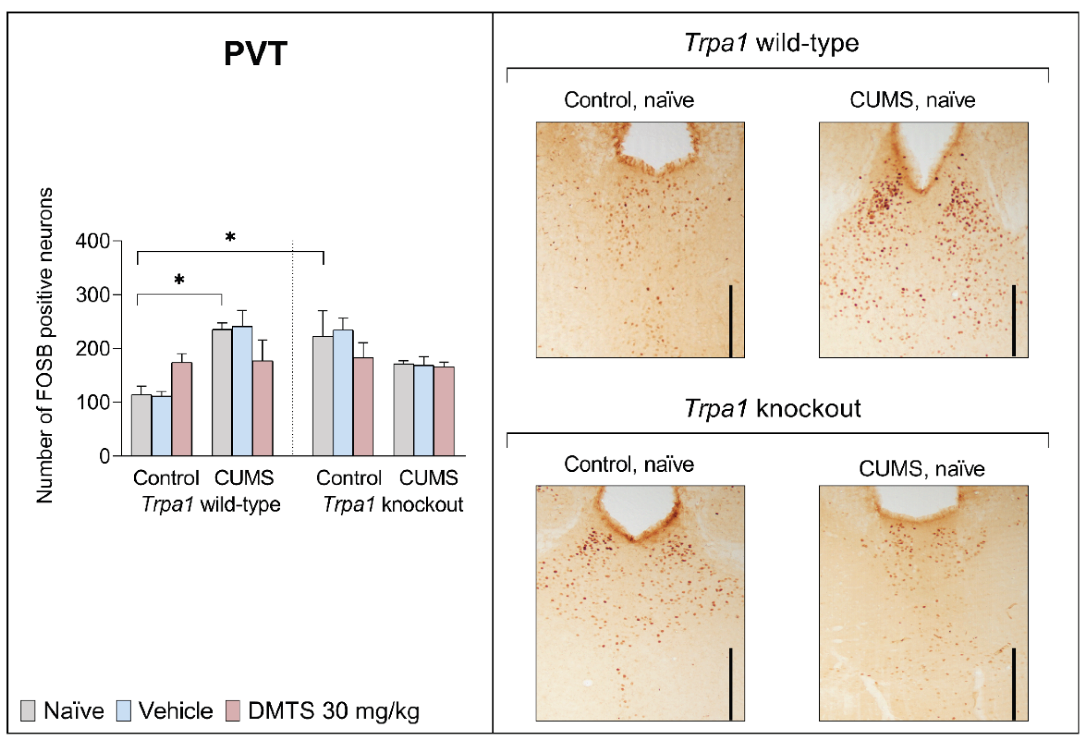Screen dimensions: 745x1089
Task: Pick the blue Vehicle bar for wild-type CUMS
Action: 242,391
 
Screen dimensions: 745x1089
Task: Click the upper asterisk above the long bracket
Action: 230,237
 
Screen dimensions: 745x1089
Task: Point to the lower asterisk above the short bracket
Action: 179,280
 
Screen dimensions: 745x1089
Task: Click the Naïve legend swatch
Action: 28,710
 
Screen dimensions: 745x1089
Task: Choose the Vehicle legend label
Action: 176,711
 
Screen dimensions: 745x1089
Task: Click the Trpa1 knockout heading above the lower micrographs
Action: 772,408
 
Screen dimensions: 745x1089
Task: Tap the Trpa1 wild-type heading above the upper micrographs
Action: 771,43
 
